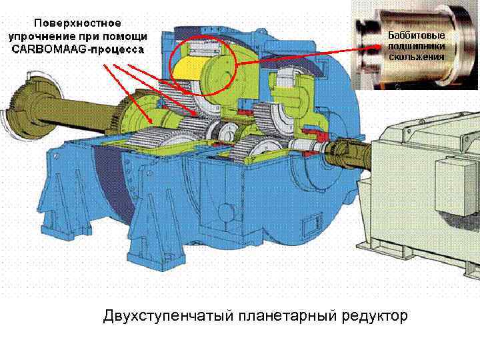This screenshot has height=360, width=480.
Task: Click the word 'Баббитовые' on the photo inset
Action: pyautogui.click(x=416, y=35)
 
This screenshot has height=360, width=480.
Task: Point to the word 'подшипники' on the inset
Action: pyautogui.click(x=416, y=46)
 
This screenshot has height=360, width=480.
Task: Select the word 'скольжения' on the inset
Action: pyautogui.click(x=416, y=57)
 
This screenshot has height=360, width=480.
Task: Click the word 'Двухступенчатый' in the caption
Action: pyautogui.click(x=158, y=315)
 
